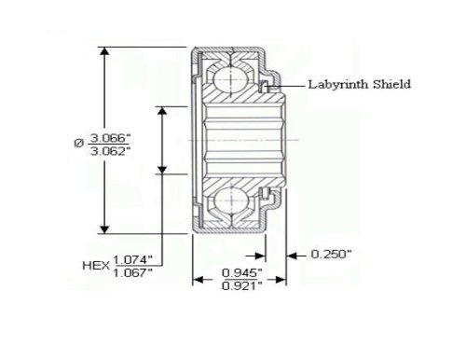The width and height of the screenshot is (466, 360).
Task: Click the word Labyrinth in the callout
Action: (338, 85)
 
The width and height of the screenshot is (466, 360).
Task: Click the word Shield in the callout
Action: (391, 84)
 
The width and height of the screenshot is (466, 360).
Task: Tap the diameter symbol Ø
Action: (79, 144)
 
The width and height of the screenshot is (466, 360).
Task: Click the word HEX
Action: (96, 266)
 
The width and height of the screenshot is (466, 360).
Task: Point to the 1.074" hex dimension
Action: (132, 259)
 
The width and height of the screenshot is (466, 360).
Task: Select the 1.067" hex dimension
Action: (132, 273)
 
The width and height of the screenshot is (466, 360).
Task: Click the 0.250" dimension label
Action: (331, 255)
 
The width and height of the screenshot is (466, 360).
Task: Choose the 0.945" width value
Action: (242, 273)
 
